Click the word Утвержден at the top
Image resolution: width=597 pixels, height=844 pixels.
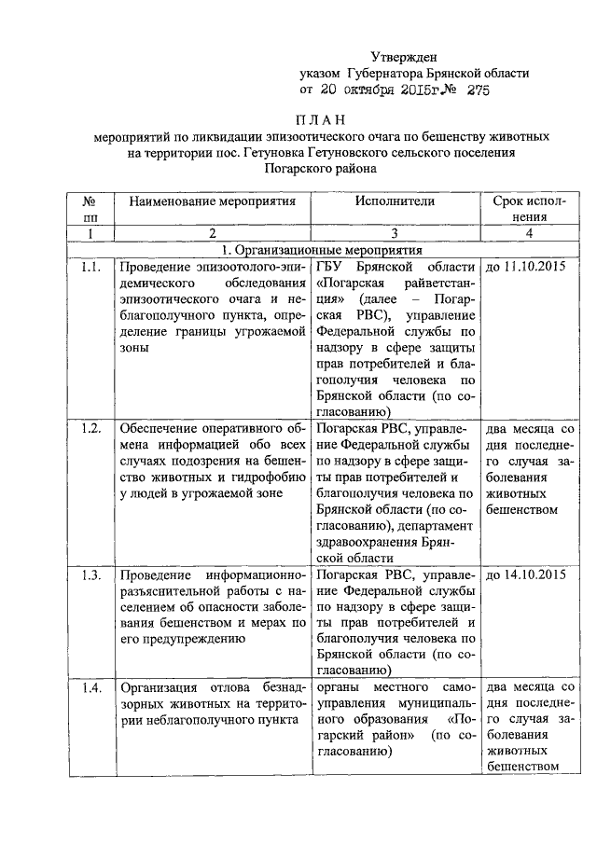[403, 57]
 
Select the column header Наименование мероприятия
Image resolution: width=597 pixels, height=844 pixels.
[212, 201]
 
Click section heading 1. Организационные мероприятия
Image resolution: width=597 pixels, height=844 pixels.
[320, 251]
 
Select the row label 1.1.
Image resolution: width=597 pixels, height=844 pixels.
[90, 268]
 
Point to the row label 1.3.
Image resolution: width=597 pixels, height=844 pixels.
[90, 574]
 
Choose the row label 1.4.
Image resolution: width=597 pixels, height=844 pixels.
[90, 688]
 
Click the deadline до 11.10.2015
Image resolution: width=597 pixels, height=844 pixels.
[528, 268]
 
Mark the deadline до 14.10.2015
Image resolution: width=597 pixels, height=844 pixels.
[528, 574]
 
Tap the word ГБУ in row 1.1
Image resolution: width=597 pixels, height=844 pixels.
[332, 268]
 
